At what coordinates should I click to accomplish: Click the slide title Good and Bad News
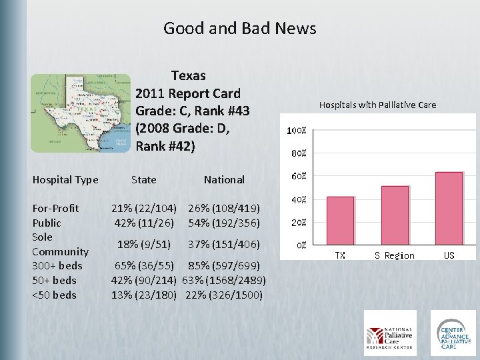[x=239, y=29]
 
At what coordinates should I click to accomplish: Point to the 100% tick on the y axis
[x=297, y=131]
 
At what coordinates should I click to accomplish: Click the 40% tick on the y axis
[x=297, y=199]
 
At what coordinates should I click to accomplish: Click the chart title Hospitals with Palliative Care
[x=377, y=105]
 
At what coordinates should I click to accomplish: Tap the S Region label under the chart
[x=394, y=255]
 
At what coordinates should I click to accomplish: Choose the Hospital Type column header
[x=65, y=179]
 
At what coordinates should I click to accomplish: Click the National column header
[x=224, y=179]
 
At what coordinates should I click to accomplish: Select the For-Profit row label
[x=56, y=208]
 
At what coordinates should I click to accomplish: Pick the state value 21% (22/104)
[x=144, y=208]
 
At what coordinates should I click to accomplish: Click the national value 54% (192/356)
[x=224, y=223]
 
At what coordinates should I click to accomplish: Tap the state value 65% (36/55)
[x=144, y=266]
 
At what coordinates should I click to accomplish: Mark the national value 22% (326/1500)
[x=224, y=295]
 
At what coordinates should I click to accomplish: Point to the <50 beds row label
[x=55, y=295]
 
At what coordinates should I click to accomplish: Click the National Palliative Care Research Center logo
[x=389, y=333]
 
